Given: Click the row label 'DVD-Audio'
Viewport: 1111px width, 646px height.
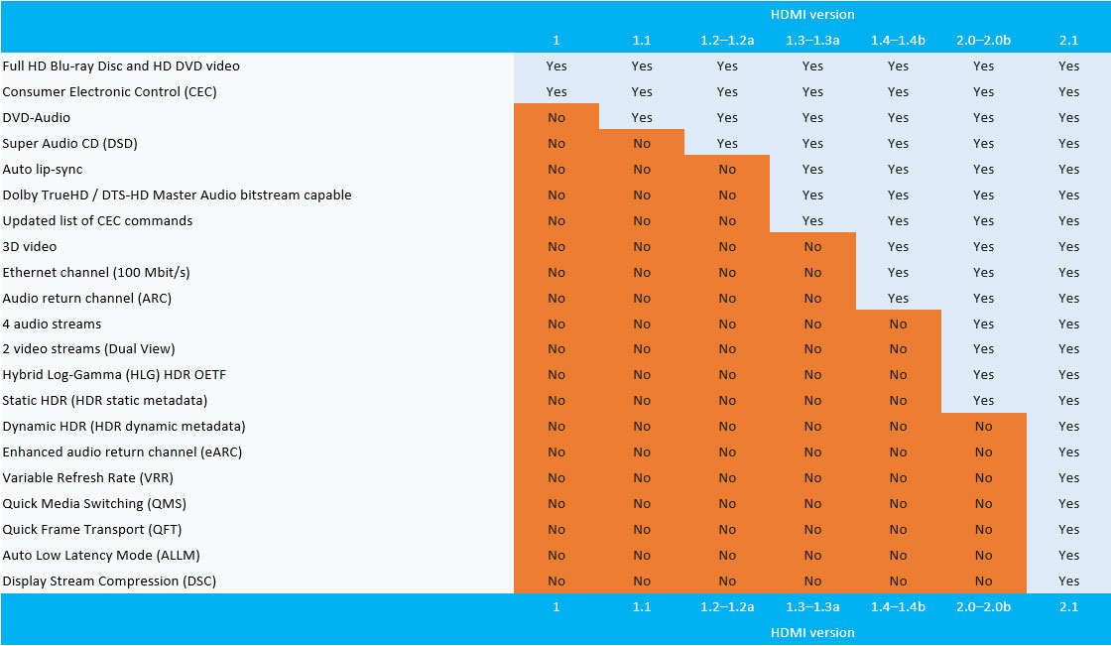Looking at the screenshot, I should tap(36, 117).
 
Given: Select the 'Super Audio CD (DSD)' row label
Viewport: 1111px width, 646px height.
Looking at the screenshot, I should tap(69, 143).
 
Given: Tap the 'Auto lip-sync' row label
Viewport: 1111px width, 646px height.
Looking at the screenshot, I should tap(42, 169).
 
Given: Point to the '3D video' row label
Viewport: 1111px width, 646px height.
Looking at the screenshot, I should tap(30, 246).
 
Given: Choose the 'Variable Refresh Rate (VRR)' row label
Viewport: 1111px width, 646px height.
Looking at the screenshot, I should tap(88, 477).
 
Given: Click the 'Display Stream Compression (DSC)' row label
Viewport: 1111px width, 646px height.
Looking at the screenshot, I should tap(109, 581).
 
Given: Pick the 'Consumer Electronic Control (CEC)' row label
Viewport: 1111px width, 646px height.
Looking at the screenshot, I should tap(109, 91).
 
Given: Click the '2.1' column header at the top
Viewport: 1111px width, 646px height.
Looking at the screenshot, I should tap(1068, 41).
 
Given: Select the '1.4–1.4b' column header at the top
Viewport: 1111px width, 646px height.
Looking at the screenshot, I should tap(898, 41).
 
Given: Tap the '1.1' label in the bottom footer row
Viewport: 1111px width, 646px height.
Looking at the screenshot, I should tap(642, 606).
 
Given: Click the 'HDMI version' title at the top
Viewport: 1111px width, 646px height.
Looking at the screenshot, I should tap(812, 15).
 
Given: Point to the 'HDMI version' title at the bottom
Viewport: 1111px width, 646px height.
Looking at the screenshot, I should tap(812, 632).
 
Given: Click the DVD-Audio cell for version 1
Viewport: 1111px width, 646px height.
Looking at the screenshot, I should tap(556, 117).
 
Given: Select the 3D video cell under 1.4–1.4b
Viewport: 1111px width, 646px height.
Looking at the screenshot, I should tap(898, 246).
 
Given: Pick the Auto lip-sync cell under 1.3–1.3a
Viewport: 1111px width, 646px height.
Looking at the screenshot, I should tap(812, 169).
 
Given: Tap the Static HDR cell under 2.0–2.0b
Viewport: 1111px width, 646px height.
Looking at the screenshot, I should tap(983, 400).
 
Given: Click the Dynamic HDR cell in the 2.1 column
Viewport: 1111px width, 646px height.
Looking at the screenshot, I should tap(1068, 426).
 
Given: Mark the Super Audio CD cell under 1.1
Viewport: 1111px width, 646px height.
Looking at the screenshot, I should tap(642, 143).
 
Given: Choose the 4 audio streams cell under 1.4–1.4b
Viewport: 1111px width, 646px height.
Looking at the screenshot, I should tap(898, 323).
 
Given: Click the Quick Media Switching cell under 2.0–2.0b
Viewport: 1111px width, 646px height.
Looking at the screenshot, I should tap(983, 503).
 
